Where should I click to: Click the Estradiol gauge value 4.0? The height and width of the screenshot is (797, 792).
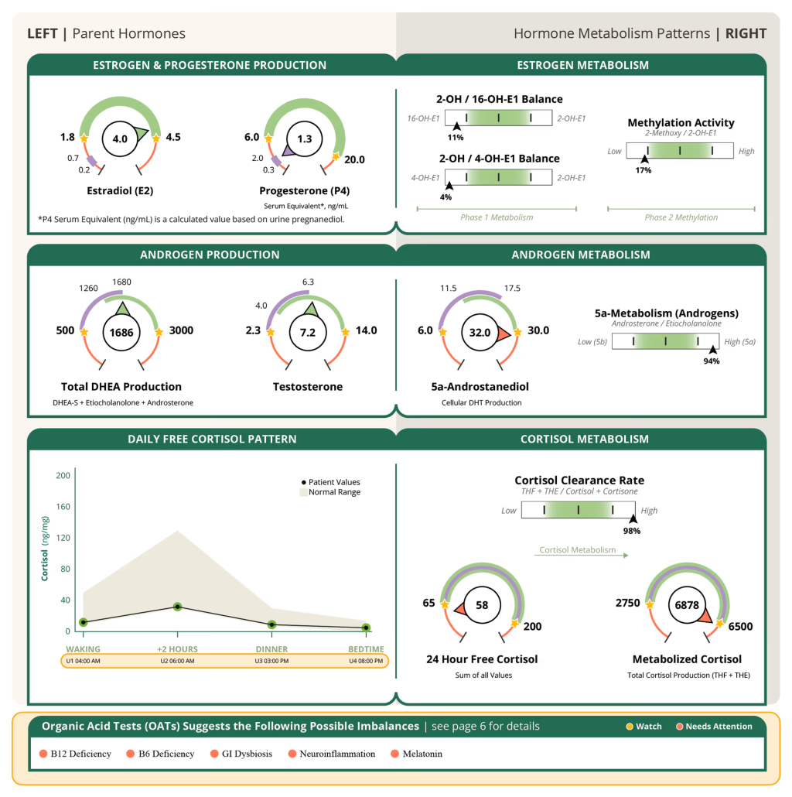click(x=119, y=139)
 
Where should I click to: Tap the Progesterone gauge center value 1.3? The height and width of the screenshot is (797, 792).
click(x=304, y=139)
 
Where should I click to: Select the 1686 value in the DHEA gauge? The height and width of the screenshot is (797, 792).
click(x=121, y=333)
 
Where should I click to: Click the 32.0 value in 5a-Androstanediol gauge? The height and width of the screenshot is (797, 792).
click(x=480, y=333)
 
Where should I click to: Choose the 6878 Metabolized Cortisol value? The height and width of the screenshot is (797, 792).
click(x=687, y=605)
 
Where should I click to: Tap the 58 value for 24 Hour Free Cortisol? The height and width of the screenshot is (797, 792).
click(x=482, y=605)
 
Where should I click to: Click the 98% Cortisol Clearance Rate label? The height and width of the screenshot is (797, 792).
click(x=632, y=531)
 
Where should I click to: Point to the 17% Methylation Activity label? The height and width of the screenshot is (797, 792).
click(x=644, y=169)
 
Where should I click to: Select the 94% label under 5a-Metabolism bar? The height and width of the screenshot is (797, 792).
click(x=712, y=361)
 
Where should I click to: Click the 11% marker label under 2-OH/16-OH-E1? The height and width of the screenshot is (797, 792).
click(x=456, y=137)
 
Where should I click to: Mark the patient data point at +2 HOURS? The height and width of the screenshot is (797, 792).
click(x=177, y=607)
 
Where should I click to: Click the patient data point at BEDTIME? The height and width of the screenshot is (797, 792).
click(x=366, y=628)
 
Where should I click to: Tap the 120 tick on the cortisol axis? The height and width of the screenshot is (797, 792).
click(x=63, y=538)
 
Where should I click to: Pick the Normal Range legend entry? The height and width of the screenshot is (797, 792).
click(x=333, y=492)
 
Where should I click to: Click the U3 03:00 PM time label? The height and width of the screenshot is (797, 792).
click(x=272, y=661)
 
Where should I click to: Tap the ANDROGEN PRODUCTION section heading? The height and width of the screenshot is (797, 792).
click(x=210, y=255)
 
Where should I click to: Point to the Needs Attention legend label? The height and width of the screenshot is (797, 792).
click(x=718, y=727)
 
